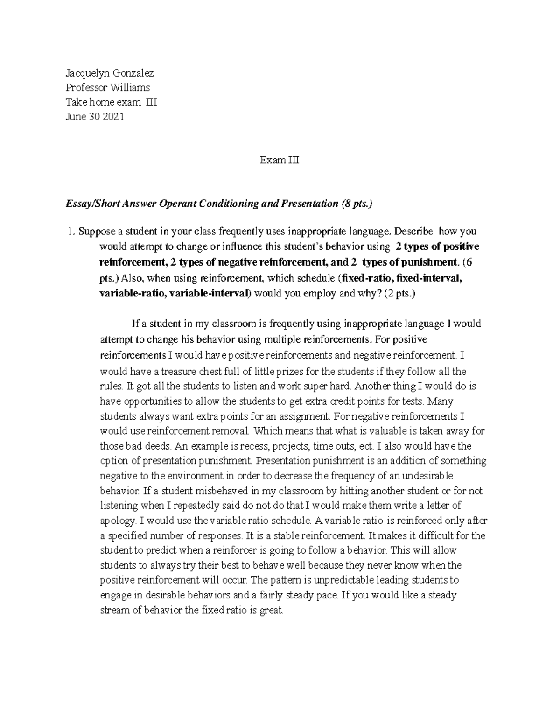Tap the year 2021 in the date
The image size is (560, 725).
pyautogui.click(x=114, y=117)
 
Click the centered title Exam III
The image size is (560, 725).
pyautogui.click(x=280, y=160)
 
